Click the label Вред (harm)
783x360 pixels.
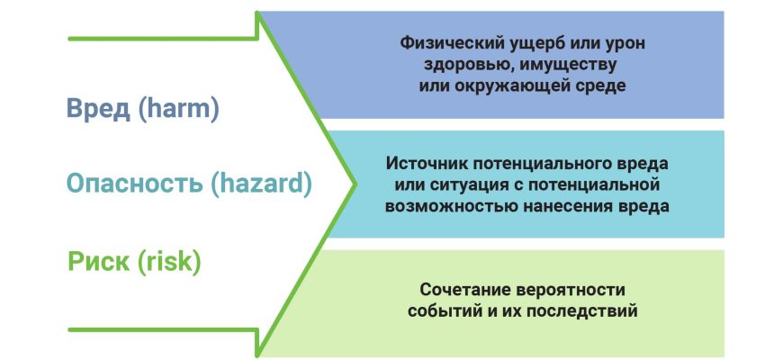[143, 109]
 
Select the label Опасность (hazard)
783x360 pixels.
[189, 184]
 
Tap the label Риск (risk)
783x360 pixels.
[134, 261]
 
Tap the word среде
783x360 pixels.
[598, 85]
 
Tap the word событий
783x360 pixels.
[445, 311]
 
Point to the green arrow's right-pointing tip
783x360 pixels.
[355, 184]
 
